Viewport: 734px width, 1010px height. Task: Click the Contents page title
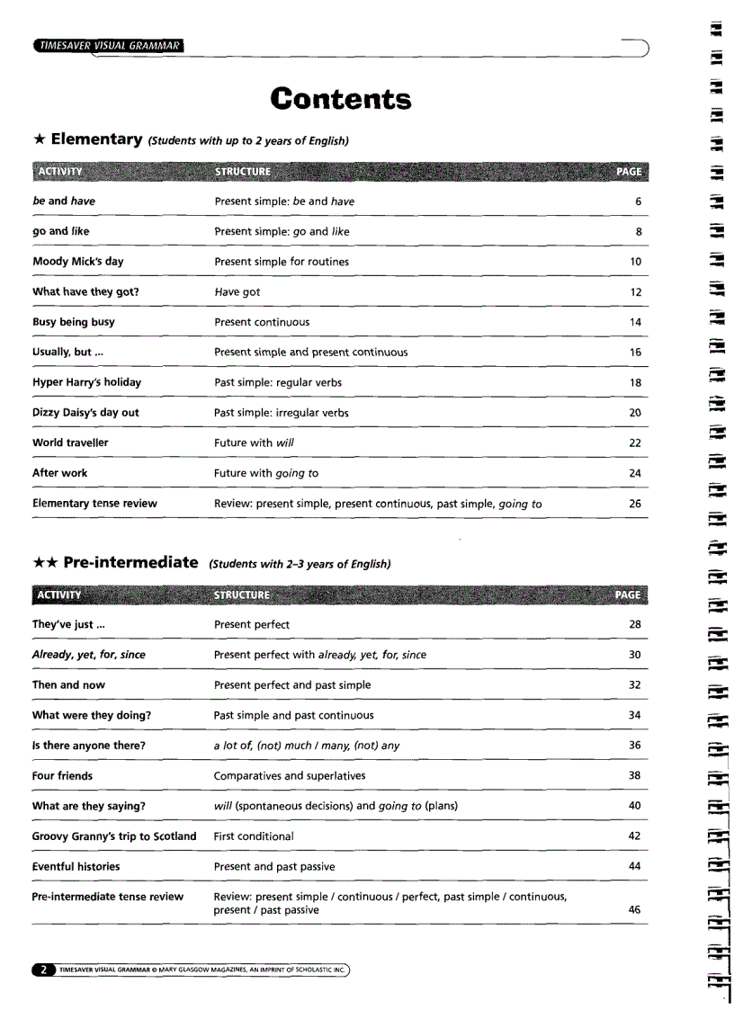click(341, 99)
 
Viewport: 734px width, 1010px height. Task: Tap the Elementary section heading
click(97, 139)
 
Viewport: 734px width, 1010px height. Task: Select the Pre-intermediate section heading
click(130, 563)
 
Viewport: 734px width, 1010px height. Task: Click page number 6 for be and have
click(638, 201)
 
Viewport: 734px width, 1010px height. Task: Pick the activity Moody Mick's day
click(77, 262)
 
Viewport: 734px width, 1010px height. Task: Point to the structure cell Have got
click(237, 292)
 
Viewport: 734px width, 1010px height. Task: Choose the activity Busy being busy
click(74, 322)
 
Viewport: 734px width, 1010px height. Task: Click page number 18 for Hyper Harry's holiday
click(635, 382)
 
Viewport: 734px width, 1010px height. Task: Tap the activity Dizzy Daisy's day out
click(85, 413)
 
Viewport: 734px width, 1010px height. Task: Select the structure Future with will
click(254, 442)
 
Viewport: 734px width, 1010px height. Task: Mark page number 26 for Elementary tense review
click(635, 504)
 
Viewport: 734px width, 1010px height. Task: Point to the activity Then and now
click(68, 684)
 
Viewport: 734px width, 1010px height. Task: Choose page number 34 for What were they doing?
click(634, 715)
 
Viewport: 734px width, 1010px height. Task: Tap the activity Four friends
click(62, 775)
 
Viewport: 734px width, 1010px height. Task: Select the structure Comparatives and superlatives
click(289, 775)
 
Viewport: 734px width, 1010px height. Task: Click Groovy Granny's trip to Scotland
click(114, 836)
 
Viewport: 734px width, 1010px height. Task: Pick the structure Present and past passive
click(273, 866)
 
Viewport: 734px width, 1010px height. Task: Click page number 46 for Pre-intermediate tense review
click(634, 910)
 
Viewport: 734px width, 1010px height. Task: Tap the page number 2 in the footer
click(41, 970)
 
